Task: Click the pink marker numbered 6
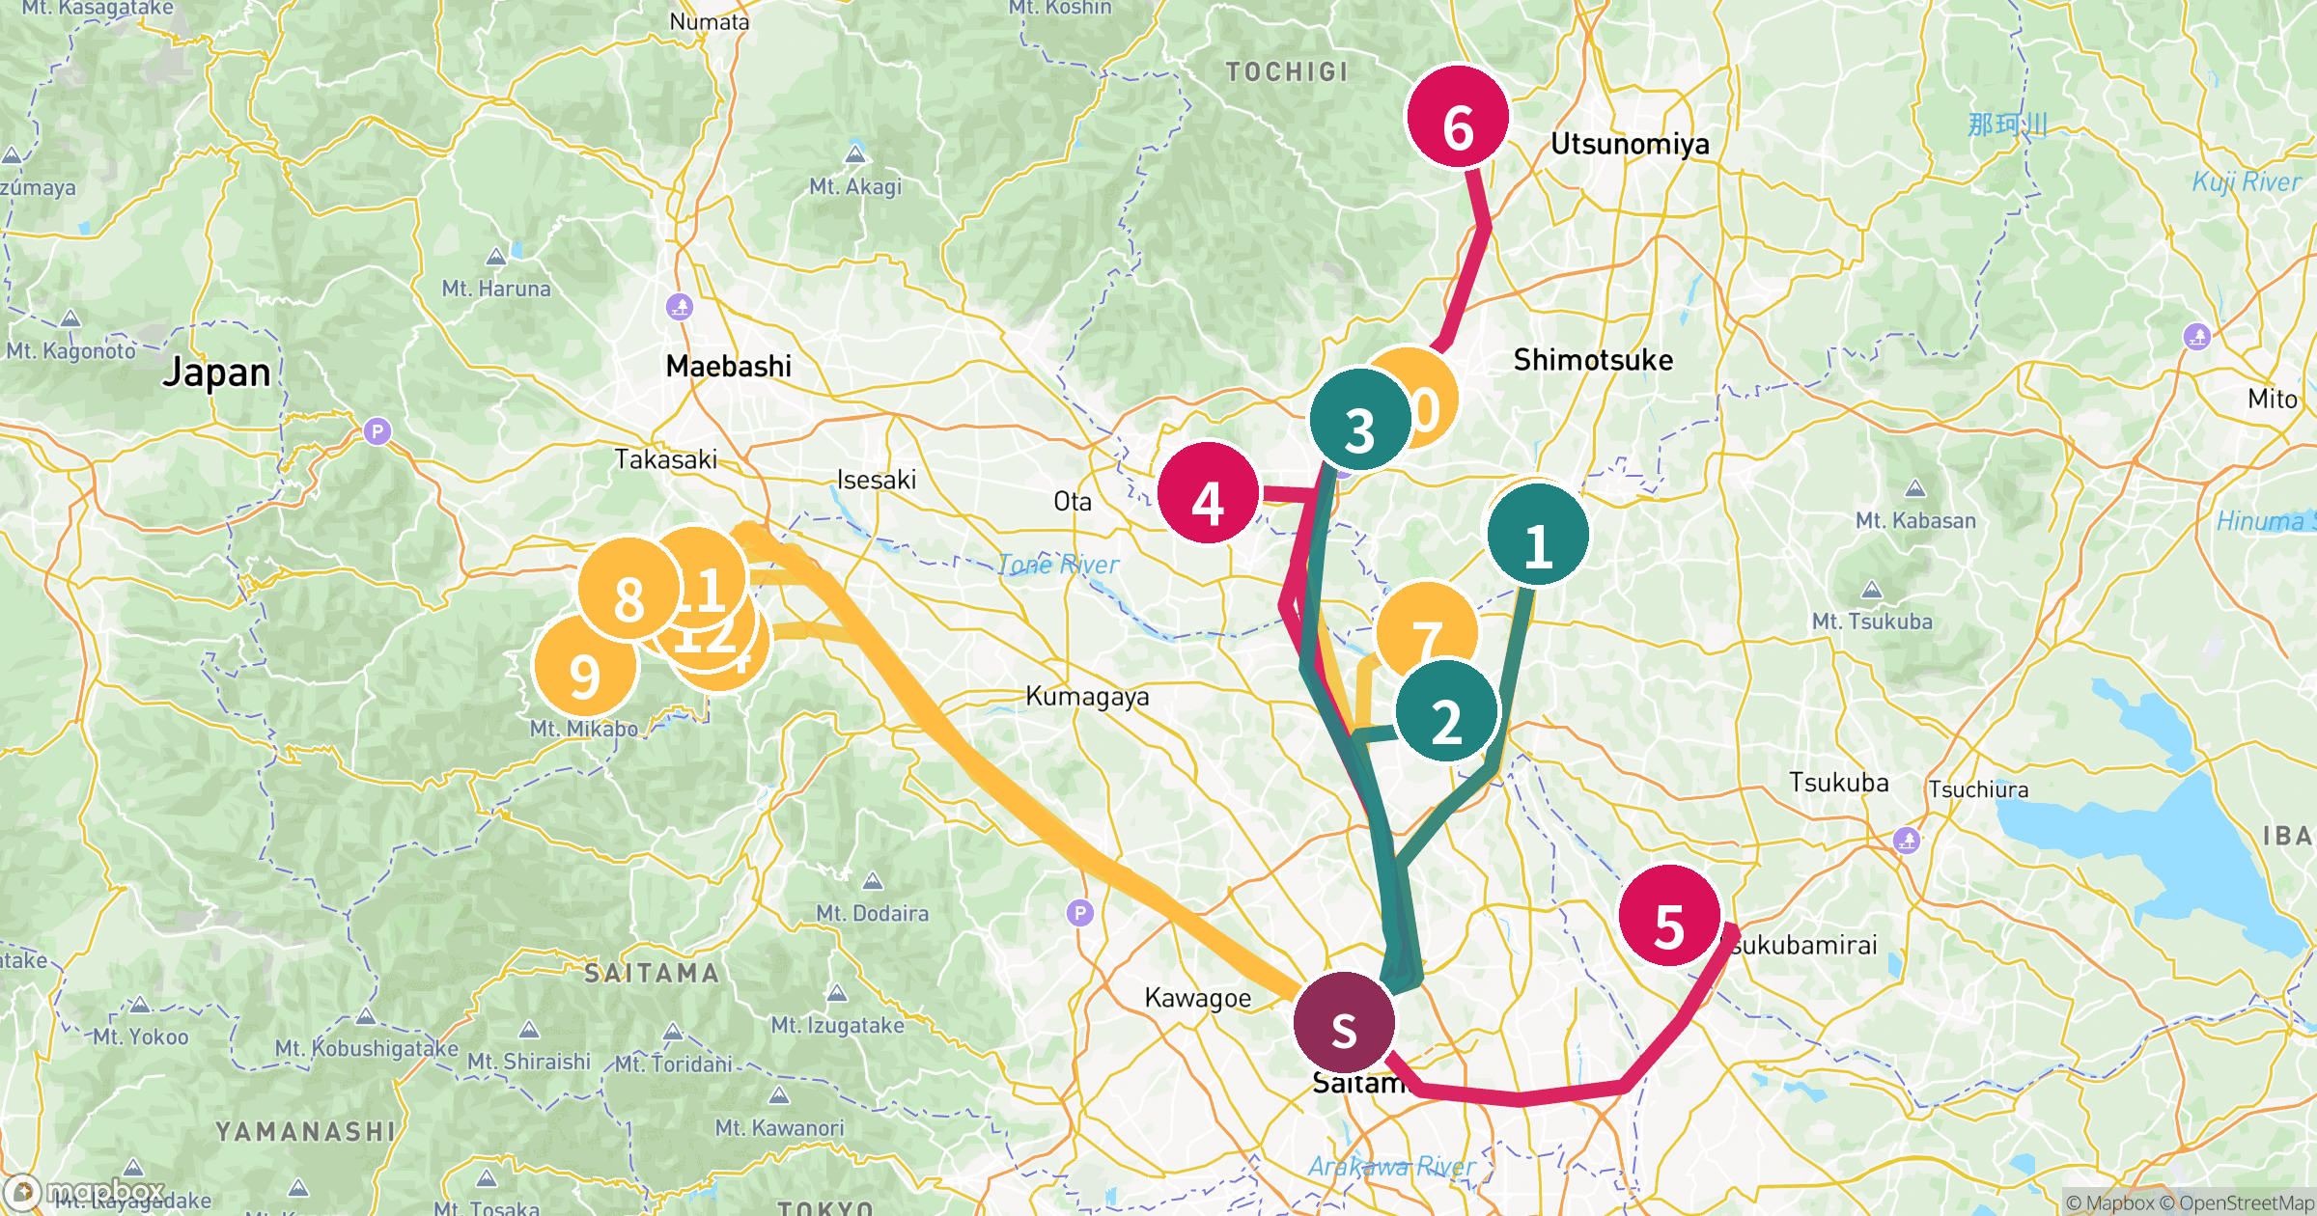[x=1458, y=117]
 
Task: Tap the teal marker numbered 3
[x=1360, y=420]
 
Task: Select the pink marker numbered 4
[x=1209, y=493]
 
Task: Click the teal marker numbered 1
[x=1538, y=535]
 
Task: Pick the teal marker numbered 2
[x=1446, y=711]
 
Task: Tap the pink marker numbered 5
[x=1669, y=916]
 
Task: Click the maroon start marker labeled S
[x=1344, y=1023]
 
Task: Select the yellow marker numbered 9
[x=585, y=666]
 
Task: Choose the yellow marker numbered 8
[x=628, y=589]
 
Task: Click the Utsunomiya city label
[x=1630, y=145]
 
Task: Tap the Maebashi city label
[x=729, y=367]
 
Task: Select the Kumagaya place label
[x=1087, y=697]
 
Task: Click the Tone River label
[x=1058, y=565]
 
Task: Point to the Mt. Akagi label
[x=855, y=187]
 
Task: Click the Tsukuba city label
[x=1838, y=783]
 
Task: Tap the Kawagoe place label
[x=1197, y=998]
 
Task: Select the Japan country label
[x=217, y=373]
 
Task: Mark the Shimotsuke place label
[x=1593, y=361]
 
